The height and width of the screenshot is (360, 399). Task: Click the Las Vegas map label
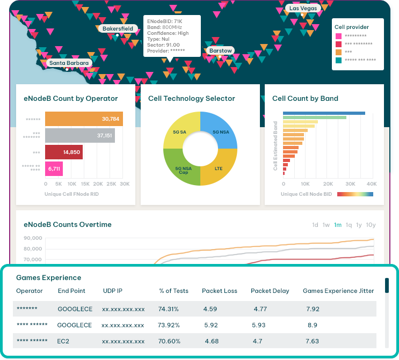[303, 8]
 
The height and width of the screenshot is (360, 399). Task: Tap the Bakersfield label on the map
[117, 28]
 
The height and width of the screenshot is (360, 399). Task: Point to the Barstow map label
[221, 51]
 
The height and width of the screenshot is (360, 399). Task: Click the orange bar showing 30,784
[84, 119]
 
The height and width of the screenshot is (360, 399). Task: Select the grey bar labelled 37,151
[79, 135]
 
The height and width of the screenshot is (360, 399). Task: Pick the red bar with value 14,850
[63, 152]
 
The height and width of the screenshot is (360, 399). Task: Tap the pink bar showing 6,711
[54, 168]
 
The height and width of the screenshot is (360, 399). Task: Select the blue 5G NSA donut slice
[220, 131]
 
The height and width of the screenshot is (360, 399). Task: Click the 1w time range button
[326, 225]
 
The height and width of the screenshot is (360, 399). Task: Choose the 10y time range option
[371, 225]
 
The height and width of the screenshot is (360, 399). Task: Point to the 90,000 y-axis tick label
[33, 238]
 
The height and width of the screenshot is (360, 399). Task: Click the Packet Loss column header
[219, 291]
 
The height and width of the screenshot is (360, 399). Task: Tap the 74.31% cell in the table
[169, 309]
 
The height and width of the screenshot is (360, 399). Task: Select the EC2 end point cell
[64, 341]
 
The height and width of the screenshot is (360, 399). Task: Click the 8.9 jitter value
[313, 325]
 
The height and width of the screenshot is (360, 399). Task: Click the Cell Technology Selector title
[192, 98]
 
